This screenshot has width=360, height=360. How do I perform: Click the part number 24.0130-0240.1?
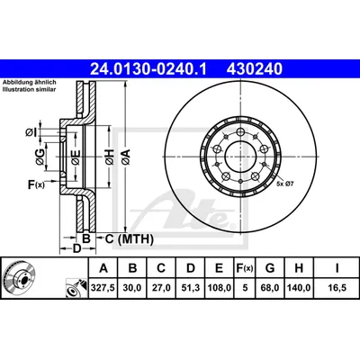pos(148,69)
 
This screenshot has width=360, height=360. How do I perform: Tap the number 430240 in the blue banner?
pos(255,69)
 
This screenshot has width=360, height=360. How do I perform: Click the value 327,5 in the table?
pos(103,288)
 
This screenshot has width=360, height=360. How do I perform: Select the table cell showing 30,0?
pos(132,288)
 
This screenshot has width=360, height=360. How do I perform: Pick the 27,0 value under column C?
pos(161,288)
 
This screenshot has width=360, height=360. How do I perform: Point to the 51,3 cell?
pos(191,288)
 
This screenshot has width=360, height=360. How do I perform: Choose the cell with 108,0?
pos(219,288)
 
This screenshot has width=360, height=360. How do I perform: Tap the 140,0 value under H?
pos(299,288)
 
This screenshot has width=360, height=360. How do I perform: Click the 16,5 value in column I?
pos(337,288)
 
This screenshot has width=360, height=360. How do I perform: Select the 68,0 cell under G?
pos(270,288)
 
